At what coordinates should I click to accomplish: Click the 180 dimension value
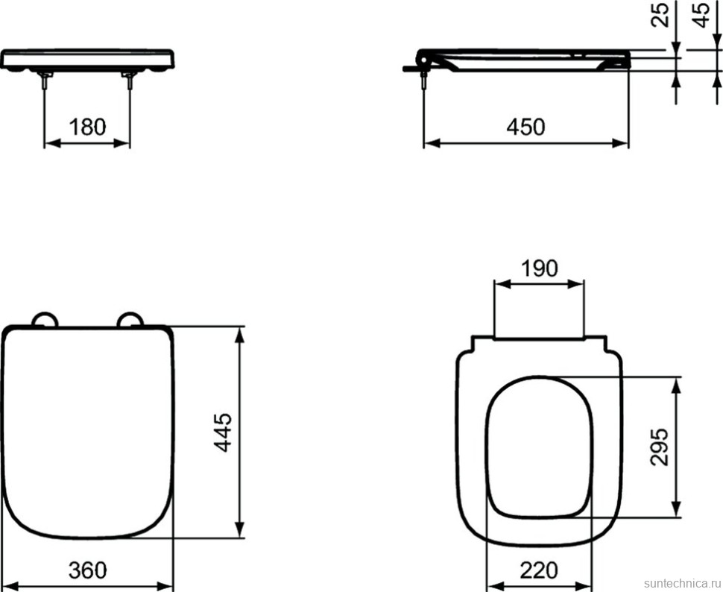[x=87, y=127]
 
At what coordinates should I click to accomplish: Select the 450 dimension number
[x=525, y=127]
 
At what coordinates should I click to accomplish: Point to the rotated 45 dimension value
[x=701, y=14]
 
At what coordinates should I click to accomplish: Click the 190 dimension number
[x=539, y=268]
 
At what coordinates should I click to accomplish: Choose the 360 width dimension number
[x=87, y=570]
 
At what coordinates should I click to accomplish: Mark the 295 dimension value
[x=659, y=447]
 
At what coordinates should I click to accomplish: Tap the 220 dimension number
[x=538, y=570]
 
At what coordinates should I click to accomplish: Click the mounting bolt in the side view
[x=424, y=81]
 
